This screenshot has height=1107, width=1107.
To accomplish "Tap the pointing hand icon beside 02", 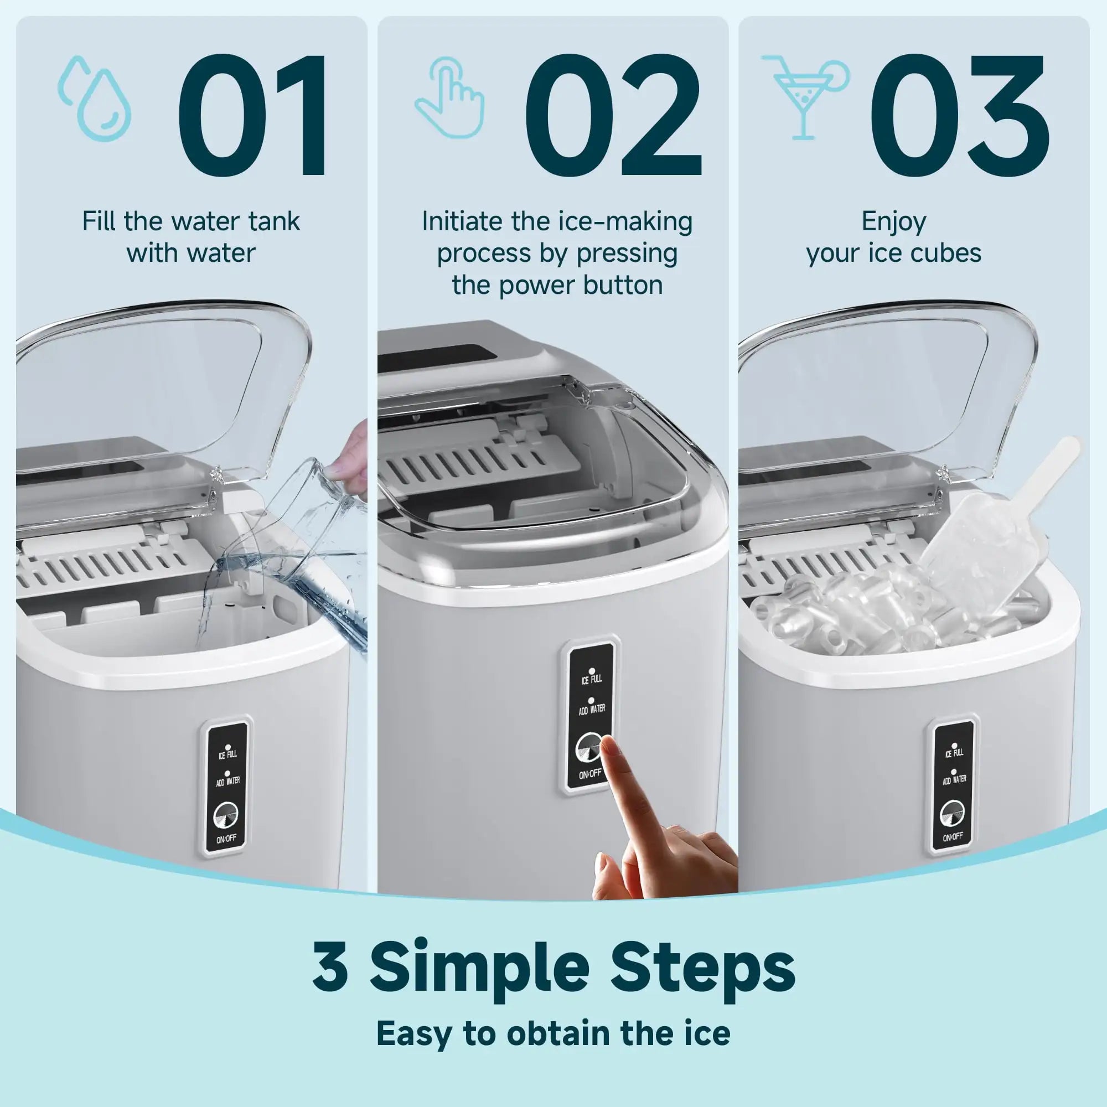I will coord(451,97).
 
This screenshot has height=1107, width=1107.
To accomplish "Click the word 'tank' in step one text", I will coord(274,222).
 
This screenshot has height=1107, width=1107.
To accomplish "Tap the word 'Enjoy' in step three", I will coord(893,222).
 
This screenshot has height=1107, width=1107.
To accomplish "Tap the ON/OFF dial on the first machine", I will coord(225,816).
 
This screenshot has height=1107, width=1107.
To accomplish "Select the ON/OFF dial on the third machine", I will coord(951,814).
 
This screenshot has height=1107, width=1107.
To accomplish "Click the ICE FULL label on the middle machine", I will coord(592,679).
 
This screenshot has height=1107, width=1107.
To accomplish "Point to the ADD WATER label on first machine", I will coord(227,780).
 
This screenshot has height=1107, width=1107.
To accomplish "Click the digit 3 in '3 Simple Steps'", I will coord(330,966).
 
